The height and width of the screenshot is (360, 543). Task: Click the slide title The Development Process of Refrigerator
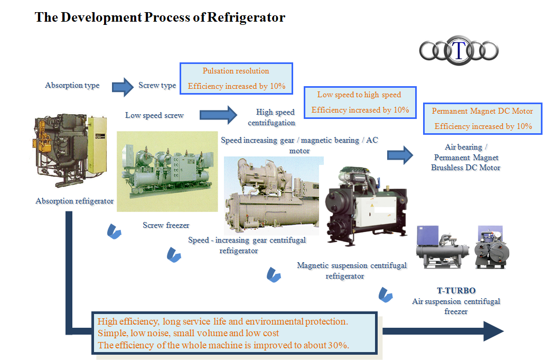point(160,17)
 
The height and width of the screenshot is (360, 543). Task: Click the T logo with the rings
point(459,51)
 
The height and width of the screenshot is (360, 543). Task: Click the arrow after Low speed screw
point(218,115)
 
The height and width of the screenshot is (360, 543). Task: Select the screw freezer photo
point(167,171)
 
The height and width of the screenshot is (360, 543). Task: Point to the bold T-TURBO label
point(456,291)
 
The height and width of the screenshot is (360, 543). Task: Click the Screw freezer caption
point(166,225)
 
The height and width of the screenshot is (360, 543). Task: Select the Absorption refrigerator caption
point(74,201)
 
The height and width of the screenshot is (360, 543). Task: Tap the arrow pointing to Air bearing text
point(399,155)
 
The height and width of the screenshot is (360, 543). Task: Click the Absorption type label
point(72,86)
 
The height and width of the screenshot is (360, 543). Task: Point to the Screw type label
point(157,86)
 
